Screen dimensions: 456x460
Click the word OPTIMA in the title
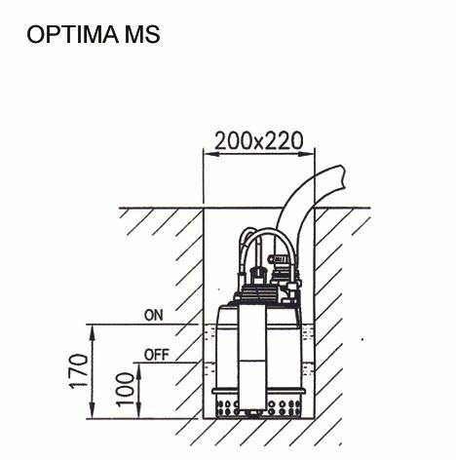coord(72,34)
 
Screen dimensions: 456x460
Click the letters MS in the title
coord(142,34)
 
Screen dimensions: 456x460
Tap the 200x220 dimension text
coord(259,141)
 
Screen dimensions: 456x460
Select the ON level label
coord(154,316)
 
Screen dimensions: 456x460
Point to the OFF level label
coord(157,355)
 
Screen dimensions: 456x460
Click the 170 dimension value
coord(79,370)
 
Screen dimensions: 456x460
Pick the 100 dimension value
coord(126,390)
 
